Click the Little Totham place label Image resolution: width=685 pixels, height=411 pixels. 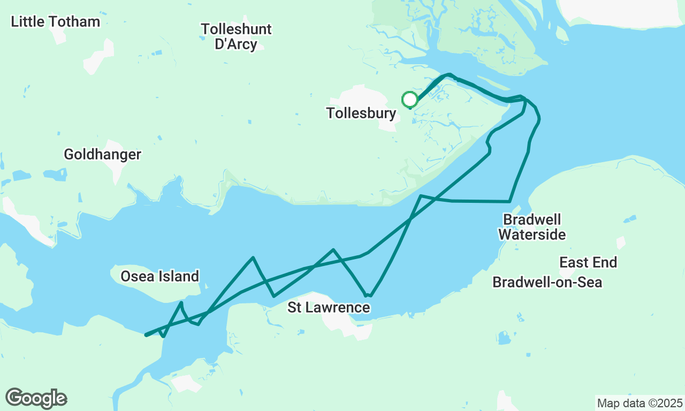pyautogui.click(x=56, y=22)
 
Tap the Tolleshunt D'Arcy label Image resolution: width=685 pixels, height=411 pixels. pyautogui.click(x=236, y=36)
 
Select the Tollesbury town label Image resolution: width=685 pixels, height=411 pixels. pyautogui.click(x=361, y=113)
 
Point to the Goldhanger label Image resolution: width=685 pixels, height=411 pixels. pyautogui.click(x=102, y=155)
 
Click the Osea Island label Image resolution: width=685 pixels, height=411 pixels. pyautogui.click(x=159, y=277)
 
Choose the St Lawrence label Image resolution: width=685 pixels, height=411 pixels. pyautogui.click(x=329, y=308)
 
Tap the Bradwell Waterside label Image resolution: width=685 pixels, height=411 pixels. pyautogui.click(x=532, y=227)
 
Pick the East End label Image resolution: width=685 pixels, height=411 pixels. pyautogui.click(x=588, y=263)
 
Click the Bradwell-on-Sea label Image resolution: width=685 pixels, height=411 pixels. pyautogui.click(x=547, y=282)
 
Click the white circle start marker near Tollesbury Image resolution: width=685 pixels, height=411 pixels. pyautogui.click(x=410, y=100)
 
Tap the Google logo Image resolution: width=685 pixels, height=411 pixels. pyautogui.click(x=36, y=398)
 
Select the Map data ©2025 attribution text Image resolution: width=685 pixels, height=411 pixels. pyautogui.click(x=640, y=403)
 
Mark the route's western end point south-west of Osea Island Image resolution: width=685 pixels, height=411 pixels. pyautogui.click(x=146, y=335)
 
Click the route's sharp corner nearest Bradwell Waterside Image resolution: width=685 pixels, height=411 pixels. pyautogui.click(x=509, y=202)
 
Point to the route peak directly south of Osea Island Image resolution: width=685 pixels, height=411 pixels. pyautogui.click(x=181, y=303)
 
